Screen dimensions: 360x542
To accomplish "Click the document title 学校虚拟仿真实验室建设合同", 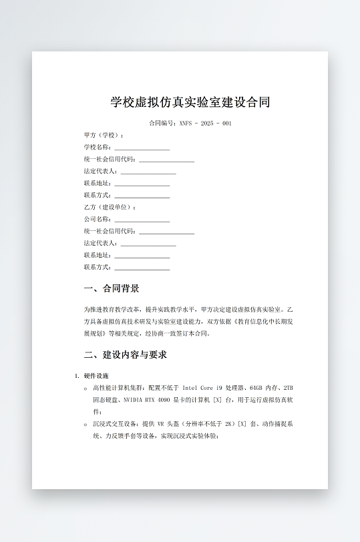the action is pos(190,102).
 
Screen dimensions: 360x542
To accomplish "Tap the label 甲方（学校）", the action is pos(104,135).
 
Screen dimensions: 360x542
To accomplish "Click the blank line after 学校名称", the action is pos(142,148).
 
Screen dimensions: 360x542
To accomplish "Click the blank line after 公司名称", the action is pos(142,220).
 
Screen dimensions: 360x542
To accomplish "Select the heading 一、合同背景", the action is pos(112,288).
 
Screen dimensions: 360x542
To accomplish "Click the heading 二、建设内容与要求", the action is pos(125,354).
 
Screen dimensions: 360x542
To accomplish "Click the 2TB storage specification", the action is pos(288,388).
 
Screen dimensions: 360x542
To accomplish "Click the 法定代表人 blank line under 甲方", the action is pos(148,172).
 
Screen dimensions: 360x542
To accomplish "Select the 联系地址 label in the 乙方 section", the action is pos(98,256).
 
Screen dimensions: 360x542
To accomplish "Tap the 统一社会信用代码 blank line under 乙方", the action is pos(166,232).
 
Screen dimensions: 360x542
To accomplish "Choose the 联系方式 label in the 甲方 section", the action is pos(98,196).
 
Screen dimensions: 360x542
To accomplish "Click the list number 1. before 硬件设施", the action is pos(77,376).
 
